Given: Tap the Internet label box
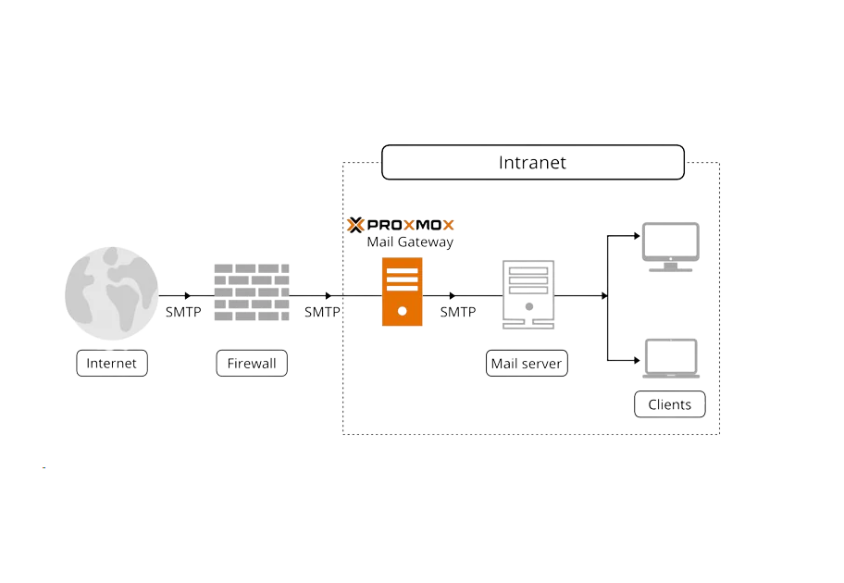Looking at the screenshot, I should click(111, 364).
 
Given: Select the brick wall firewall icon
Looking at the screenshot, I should click(252, 292).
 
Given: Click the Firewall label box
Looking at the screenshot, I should click(252, 364).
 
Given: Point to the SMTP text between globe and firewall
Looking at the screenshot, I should click(183, 313).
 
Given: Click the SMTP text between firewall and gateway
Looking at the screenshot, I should click(322, 313).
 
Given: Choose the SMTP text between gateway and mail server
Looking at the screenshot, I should click(458, 313).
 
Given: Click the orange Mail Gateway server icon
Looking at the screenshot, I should click(402, 292).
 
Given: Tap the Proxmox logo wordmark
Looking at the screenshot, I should click(411, 225).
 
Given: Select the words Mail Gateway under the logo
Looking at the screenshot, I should click(410, 242).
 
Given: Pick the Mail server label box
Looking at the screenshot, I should click(527, 364).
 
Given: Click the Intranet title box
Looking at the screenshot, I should click(533, 163).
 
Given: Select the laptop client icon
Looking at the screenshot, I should click(671, 359).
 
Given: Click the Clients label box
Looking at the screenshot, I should click(669, 404).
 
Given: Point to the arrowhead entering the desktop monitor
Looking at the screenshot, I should click(637, 236).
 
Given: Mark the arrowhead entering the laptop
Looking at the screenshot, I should click(637, 359).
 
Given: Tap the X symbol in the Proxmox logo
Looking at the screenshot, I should click(355, 225).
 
